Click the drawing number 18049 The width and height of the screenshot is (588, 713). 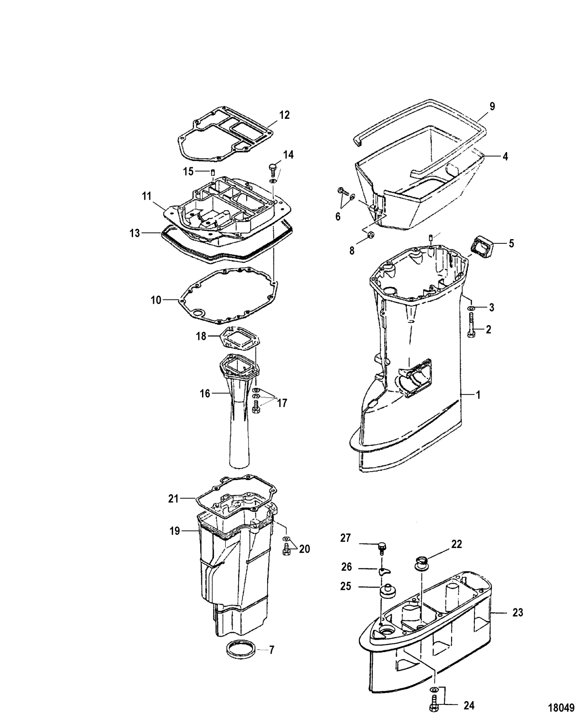(562, 707)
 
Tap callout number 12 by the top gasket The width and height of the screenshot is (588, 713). (284, 115)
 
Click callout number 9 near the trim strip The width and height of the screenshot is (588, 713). (492, 106)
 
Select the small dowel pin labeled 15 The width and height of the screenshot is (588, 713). (213, 172)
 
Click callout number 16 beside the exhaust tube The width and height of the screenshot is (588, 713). (204, 394)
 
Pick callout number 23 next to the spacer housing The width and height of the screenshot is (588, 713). (518, 613)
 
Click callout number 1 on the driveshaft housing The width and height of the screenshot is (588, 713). (478, 395)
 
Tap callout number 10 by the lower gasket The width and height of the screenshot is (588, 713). (156, 300)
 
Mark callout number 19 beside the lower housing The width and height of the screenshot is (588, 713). (175, 531)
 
